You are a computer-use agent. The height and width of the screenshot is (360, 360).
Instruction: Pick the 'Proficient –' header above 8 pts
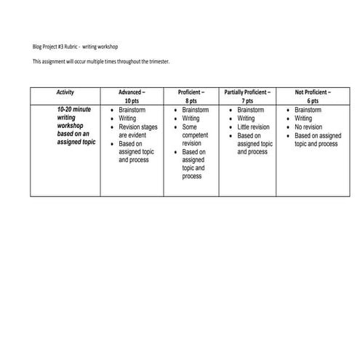[x=191, y=93]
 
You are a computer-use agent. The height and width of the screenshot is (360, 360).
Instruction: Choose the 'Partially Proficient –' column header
[x=248, y=93]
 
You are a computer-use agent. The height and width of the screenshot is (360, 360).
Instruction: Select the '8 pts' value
[x=191, y=102]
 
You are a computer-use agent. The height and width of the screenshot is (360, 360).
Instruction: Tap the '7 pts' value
[x=248, y=102]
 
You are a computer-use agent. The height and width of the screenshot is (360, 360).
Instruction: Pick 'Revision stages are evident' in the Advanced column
[x=137, y=131]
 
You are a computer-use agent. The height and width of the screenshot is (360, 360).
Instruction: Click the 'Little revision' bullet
[x=253, y=127]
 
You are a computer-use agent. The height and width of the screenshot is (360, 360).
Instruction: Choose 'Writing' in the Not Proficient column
[x=303, y=119]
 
